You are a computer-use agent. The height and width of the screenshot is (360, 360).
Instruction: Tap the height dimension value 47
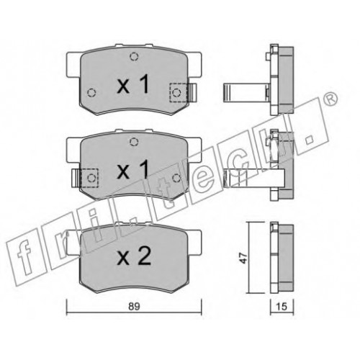click(x=244, y=258)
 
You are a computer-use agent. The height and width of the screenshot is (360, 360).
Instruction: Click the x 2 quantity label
click(x=134, y=256)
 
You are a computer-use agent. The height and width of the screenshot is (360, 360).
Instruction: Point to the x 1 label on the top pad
click(x=133, y=84)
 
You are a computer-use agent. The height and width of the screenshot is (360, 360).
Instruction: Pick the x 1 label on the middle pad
click(x=133, y=170)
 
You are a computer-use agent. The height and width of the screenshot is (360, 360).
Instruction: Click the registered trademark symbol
click(x=330, y=99)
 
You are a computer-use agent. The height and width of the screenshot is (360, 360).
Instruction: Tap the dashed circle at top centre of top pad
click(x=134, y=57)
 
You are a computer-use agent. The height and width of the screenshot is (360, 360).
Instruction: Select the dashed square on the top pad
click(x=179, y=92)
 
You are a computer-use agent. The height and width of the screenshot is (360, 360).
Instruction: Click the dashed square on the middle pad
click(x=89, y=178)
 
